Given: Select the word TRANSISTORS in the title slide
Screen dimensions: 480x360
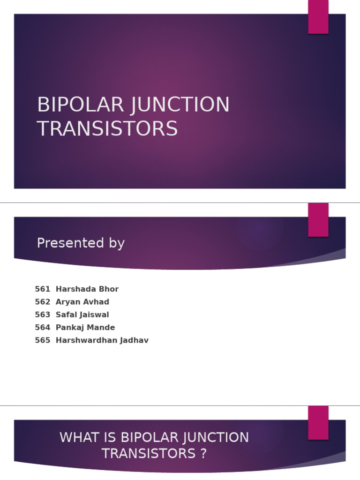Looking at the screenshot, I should [x=107, y=129].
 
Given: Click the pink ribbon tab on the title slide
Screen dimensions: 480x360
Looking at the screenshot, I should [x=318, y=17].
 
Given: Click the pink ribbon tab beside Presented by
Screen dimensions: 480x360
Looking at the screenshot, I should [x=318, y=220].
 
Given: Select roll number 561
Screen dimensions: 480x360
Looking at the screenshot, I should [x=42, y=289].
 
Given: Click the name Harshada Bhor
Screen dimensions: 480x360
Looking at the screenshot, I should [x=87, y=289].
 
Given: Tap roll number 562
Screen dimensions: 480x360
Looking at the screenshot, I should [x=42, y=302].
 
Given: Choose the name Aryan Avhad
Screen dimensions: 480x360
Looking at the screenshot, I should [x=82, y=302].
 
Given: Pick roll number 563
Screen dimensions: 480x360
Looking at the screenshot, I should [x=42, y=315].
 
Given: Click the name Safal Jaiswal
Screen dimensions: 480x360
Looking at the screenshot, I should [x=82, y=315].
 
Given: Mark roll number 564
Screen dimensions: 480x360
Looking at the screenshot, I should [x=42, y=328].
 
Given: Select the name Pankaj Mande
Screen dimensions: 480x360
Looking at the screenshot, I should [x=85, y=328].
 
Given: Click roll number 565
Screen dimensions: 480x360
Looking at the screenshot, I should [x=42, y=341].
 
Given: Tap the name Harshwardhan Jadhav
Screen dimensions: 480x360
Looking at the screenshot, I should [x=102, y=341].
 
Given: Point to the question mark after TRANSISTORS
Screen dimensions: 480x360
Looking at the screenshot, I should [x=203, y=454].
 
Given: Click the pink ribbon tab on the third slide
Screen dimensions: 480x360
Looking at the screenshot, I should [x=318, y=423].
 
